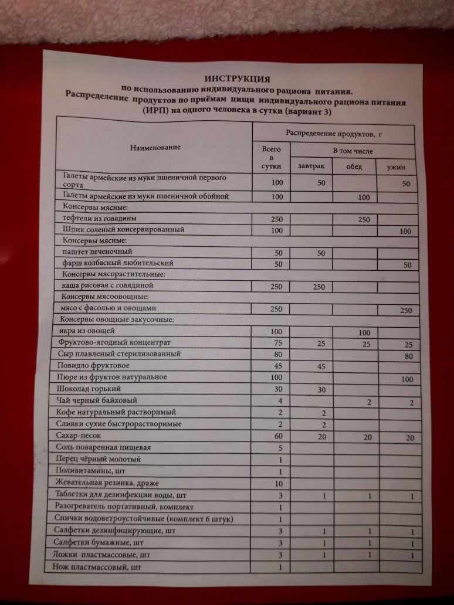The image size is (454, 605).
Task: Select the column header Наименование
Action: tap(155, 147)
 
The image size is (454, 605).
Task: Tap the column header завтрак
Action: tap(310, 166)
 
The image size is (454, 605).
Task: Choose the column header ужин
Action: tap(397, 168)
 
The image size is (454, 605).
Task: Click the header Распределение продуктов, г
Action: tap(334, 134)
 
